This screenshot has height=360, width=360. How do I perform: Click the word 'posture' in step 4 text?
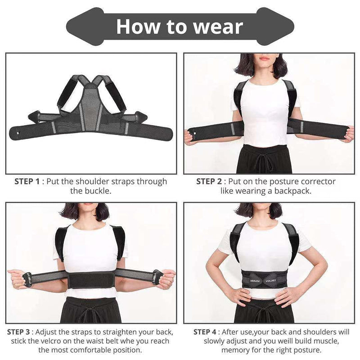tap(307, 349)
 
